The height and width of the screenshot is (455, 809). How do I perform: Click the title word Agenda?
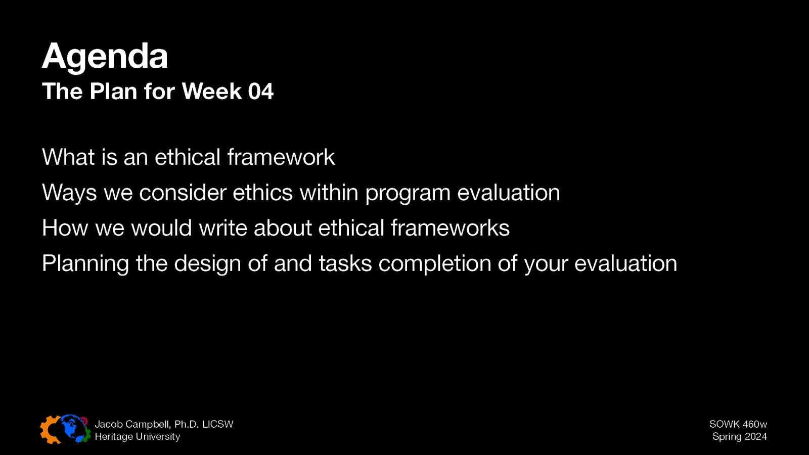105,57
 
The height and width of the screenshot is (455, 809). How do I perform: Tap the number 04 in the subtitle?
260,92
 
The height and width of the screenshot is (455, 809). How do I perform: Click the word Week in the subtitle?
211,92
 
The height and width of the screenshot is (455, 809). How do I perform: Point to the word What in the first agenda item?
68,157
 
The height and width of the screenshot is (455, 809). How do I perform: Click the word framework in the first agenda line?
281,157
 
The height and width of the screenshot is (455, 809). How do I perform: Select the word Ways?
69,193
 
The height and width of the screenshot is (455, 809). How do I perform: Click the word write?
223,228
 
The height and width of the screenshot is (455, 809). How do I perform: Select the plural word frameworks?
450,228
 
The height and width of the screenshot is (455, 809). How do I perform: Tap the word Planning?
85,264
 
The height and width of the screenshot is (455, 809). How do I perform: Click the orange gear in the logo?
50,430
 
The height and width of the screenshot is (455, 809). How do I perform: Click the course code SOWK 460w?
738,424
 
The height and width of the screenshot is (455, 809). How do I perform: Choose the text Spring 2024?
739,436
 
